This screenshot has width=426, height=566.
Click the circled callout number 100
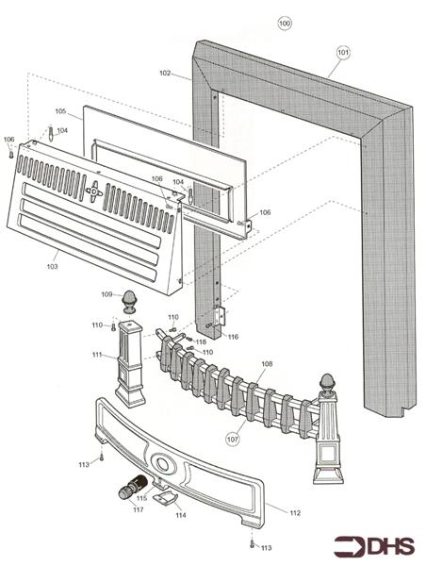(x=285, y=22)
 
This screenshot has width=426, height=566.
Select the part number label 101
(x=343, y=52)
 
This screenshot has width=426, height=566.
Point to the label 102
(x=165, y=73)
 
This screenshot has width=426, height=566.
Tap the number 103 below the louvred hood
(x=52, y=267)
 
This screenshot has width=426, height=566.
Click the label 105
(x=60, y=111)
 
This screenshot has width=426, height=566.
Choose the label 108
(x=266, y=363)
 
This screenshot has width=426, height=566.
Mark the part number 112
(x=294, y=512)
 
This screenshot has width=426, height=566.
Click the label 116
(x=233, y=336)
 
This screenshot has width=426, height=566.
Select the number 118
(x=201, y=341)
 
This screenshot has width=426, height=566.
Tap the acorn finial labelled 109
(x=131, y=303)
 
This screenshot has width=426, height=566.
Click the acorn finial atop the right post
(x=330, y=382)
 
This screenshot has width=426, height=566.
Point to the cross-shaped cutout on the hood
(x=93, y=191)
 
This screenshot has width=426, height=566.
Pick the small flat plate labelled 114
(x=165, y=496)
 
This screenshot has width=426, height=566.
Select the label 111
(x=97, y=355)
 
